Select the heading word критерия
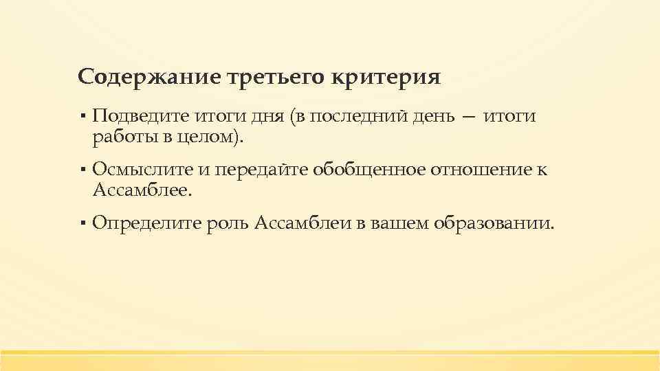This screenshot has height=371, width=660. [x=386, y=76]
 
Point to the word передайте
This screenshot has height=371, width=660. [x=253, y=170]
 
